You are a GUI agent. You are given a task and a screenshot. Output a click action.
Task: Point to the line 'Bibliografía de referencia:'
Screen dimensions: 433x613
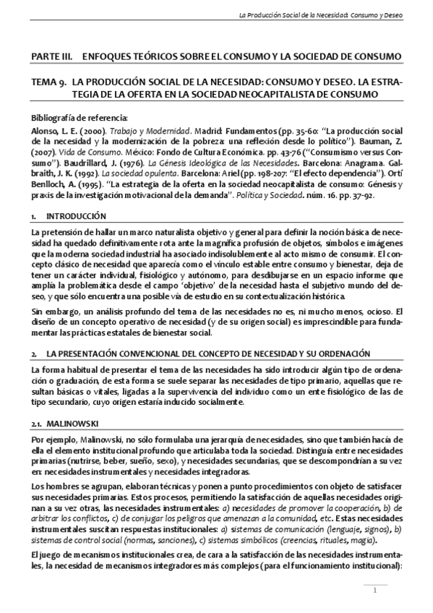(79, 118)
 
